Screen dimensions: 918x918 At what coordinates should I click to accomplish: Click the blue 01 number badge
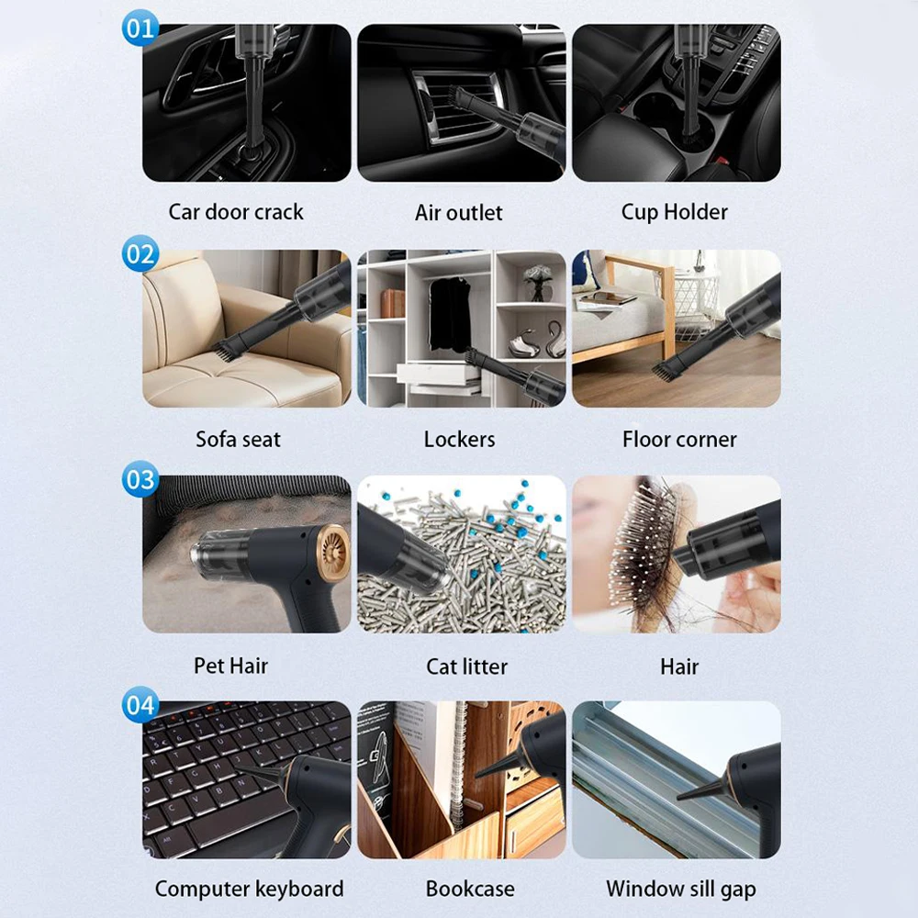pyautogui.click(x=140, y=28)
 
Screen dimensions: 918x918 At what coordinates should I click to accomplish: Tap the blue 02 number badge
pyautogui.click(x=140, y=253)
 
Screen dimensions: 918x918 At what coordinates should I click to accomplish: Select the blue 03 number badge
pyautogui.click(x=140, y=479)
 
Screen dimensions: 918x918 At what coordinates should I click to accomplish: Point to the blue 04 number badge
pyautogui.click(x=140, y=705)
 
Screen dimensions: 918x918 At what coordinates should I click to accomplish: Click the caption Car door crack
pyautogui.click(x=236, y=212)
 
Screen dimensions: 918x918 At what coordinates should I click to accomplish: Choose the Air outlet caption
pyautogui.click(x=459, y=213)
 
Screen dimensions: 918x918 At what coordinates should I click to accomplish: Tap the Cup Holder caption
pyautogui.click(x=674, y=212)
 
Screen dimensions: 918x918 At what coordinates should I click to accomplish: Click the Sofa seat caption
pyautogui.click(x=237, y=439)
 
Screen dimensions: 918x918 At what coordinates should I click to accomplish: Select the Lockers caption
pyautogui.click(x=459, y=439)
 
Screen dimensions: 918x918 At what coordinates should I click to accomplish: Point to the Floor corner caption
pyautogui.click(x=679, y=439)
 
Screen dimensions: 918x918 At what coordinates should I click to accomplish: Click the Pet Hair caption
pyautogui.click(x=231, y=665)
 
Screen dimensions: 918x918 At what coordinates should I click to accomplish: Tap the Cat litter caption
pyautogui.click(x=466, y=666)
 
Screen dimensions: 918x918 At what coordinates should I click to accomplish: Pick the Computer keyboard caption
pyautogui.click(x=249, y=889)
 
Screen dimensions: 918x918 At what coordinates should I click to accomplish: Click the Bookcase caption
pyautogui.click(x=470, y=889)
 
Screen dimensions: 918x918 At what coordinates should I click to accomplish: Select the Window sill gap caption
pyautogui.click(x=680, y=889)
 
